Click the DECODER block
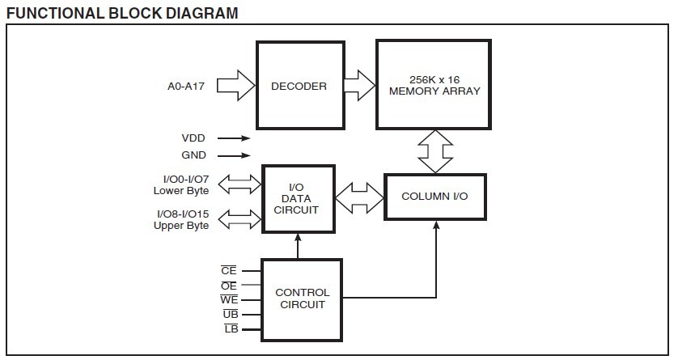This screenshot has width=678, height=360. point(299,86)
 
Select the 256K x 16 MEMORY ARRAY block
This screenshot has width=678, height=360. point(434,86)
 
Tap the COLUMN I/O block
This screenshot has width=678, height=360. point(435,197)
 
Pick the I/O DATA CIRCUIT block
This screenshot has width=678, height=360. point(298,198)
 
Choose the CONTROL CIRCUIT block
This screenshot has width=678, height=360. point(302,299)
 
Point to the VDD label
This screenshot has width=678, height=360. point(193,138)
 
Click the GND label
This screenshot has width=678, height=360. point(193,155)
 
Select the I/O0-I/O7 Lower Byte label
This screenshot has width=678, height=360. point(181,184)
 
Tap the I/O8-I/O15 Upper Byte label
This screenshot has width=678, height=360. point(181,219)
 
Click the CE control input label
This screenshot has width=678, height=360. point(228,271)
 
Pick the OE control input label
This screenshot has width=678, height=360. point(228,286)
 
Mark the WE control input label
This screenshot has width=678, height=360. point(228,300)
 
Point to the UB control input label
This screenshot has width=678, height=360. point(228,314)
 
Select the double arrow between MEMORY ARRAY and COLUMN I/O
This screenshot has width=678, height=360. point(435,151)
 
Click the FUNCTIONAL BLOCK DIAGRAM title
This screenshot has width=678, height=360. point(122,13)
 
